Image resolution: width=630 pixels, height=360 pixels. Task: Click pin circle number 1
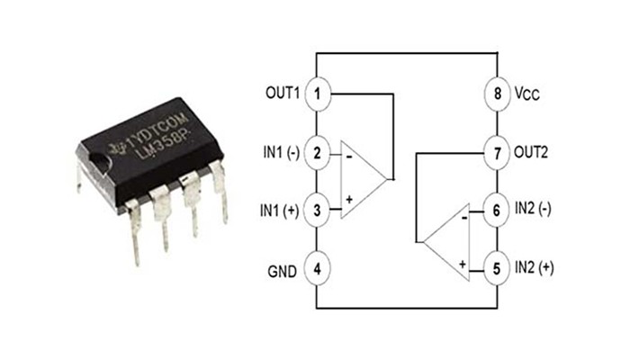tap(317, 93)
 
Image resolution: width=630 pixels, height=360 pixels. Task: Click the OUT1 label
tap(281, 93)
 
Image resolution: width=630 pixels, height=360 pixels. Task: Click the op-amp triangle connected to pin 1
tap(360, 179)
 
